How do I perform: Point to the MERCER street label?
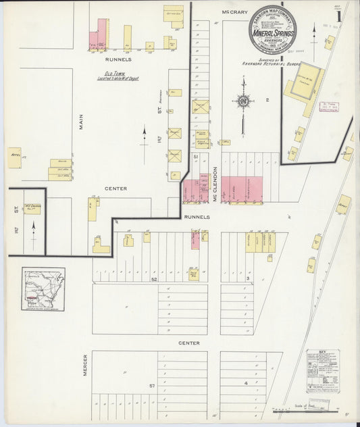[x=85, y=365]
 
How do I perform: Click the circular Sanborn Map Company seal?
[x=272, y=30]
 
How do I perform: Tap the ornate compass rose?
[x=242, y=102]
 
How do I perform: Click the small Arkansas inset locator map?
[x=43, y=288]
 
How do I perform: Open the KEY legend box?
[x=322, y=372]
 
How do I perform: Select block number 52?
[x=154, y=278]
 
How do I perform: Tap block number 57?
[x=153, y=385]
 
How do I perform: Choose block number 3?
[x=248, y=278]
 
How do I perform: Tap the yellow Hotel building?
[x=14, y=157]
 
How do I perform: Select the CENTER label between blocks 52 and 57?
[x=189, y=343]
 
